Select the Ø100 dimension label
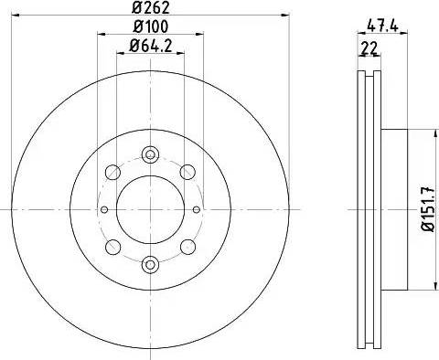149,28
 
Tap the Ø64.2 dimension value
152,46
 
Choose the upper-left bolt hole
112,171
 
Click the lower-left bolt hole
112,247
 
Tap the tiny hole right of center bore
198,209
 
